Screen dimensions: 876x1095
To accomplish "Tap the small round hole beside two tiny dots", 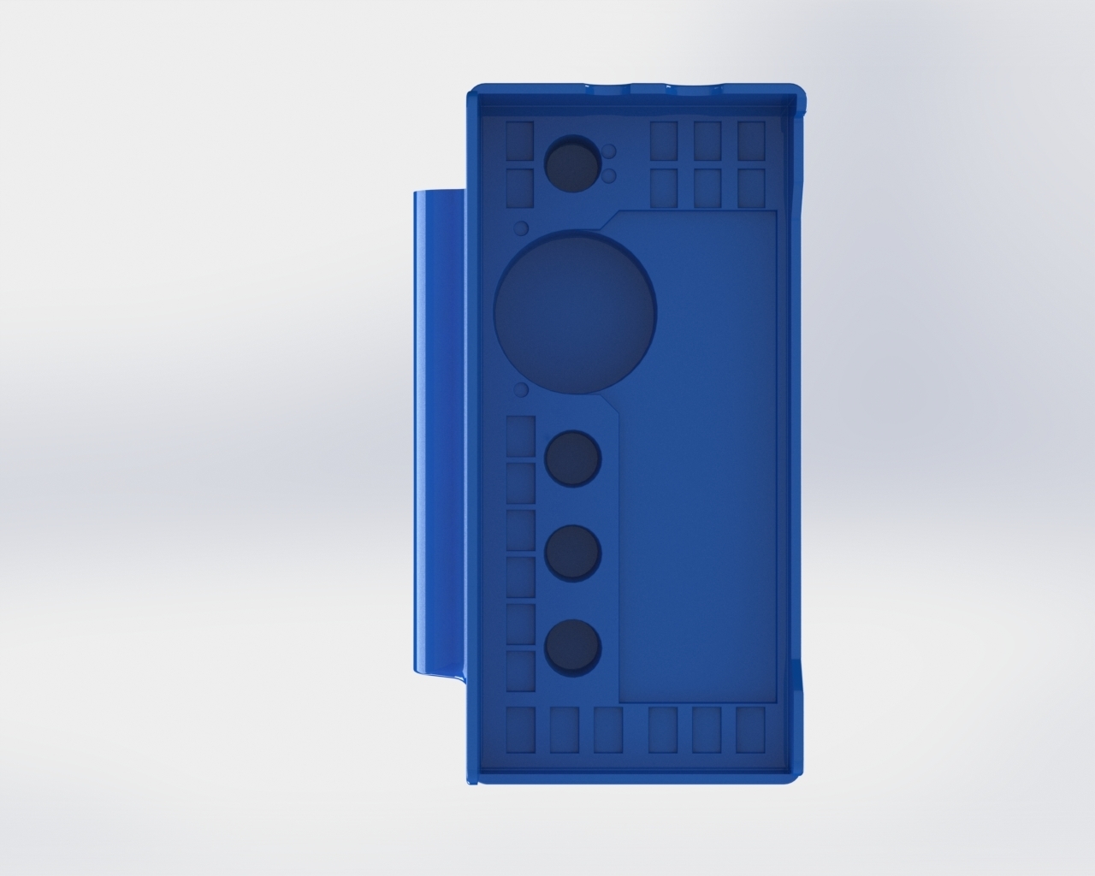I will (571, 164).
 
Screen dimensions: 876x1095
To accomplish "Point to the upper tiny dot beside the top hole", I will (609, 151).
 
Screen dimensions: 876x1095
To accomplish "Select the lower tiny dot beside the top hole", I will (609, 175).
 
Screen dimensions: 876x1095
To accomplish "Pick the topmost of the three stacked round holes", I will (572, 458).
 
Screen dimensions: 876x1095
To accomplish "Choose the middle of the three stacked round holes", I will (572, 552).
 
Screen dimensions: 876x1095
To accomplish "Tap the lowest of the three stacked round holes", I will (572, 646).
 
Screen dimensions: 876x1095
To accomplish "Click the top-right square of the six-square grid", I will (750, 140).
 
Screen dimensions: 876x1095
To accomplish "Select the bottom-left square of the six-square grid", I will (664, 187).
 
